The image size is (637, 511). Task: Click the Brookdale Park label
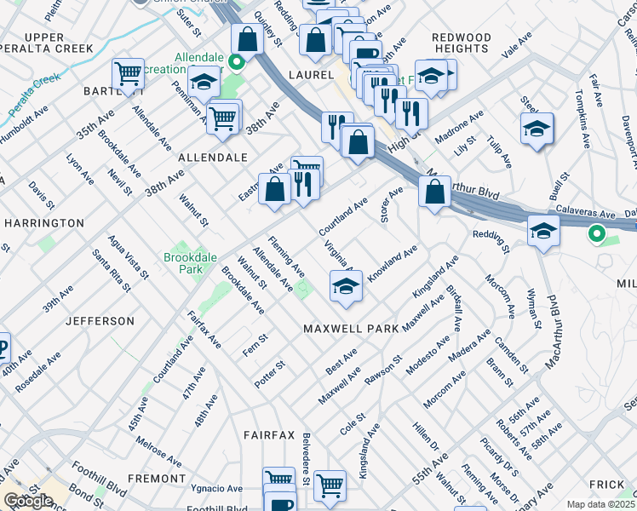183,262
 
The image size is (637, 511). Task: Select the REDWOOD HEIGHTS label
461,43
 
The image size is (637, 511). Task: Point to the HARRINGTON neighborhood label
44,223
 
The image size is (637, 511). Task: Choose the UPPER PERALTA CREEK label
57,43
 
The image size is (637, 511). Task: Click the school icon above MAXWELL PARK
346,287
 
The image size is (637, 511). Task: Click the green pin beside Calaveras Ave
597,232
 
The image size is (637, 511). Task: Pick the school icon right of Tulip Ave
537,129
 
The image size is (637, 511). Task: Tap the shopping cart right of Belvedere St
330,485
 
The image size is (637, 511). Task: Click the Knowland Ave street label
392,264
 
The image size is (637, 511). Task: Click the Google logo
28,502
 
